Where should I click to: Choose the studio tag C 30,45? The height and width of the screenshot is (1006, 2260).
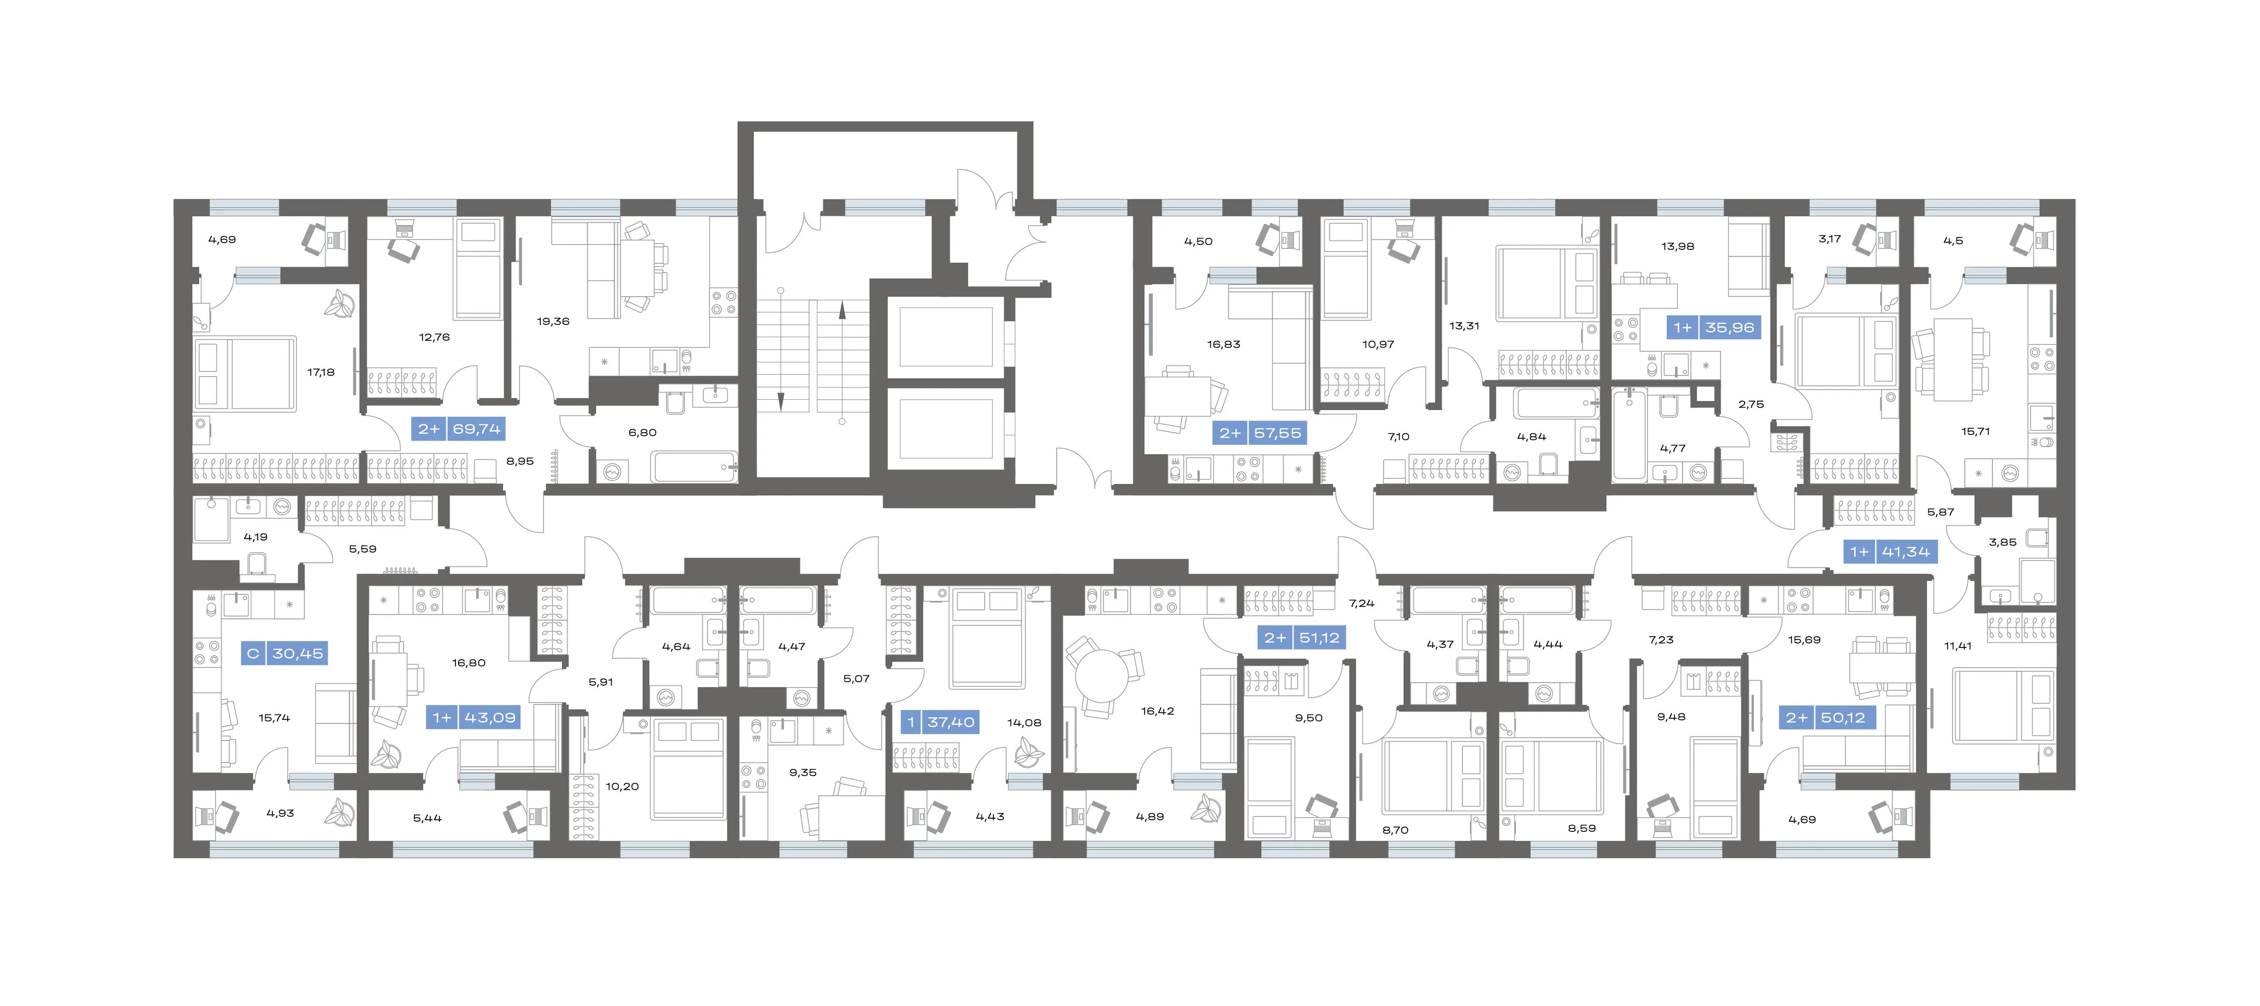[284, 654]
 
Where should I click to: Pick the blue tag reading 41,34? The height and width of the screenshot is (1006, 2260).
[1890, 552]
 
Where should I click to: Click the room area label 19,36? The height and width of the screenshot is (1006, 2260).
[553, 321]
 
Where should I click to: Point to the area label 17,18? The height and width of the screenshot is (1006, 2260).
[320, 372]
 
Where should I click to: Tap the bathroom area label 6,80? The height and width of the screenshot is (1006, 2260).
[642, 432]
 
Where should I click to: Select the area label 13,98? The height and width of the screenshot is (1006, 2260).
[1677, 246]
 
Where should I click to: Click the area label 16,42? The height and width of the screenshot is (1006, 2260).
[1157, 711]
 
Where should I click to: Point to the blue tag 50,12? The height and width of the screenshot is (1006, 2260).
[1827, 717]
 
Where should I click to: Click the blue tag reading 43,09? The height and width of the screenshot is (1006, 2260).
[475, 717]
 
